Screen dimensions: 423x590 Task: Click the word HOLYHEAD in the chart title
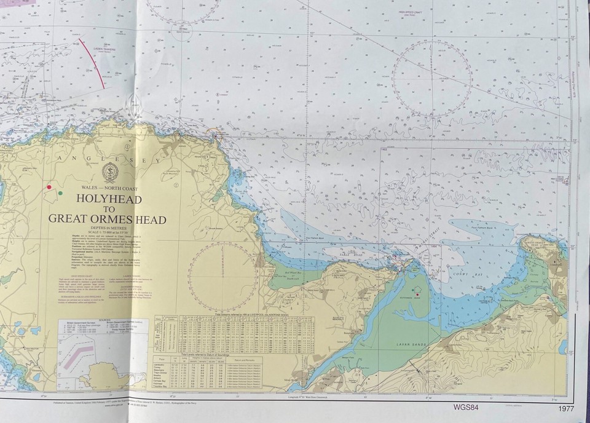109,199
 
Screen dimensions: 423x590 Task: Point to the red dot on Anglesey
49,186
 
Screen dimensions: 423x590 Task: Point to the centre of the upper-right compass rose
432,79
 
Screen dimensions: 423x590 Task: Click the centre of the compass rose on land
223,275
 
